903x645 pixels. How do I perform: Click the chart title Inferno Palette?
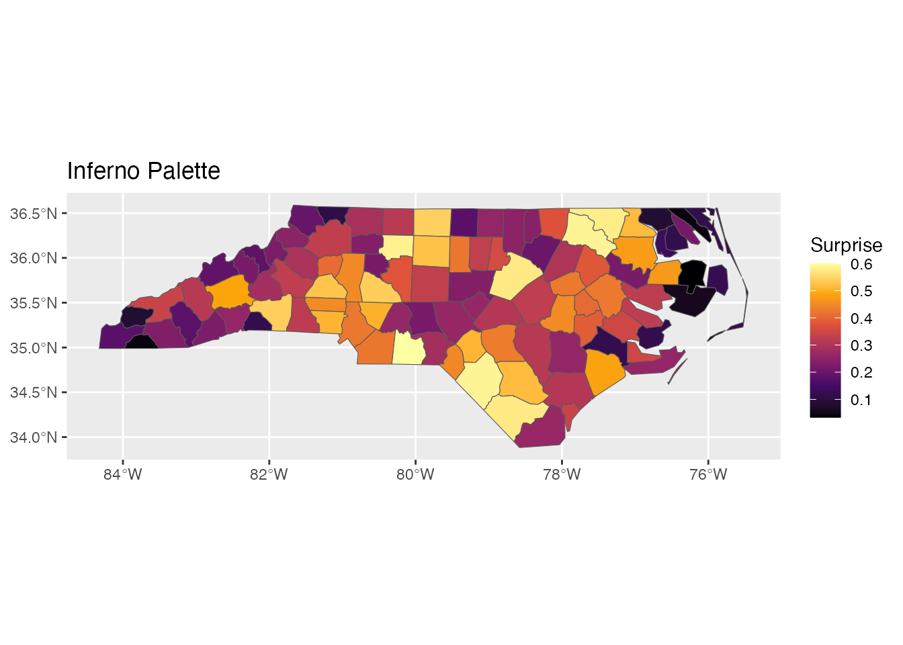click(x=143, y=171)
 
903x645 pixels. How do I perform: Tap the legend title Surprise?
click(x=846, y=245)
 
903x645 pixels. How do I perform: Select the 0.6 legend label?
click(x=861, y=264)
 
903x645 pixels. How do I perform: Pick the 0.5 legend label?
click(x=861, y=291)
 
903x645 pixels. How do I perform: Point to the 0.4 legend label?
click(x=861, y=318)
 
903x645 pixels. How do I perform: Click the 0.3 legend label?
click(x=861, y=345)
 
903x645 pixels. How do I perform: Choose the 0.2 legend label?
click(x=861, y=372)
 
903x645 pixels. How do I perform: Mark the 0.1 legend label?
click(x=861, y=400)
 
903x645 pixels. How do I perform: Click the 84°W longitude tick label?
click(x=123, y=474)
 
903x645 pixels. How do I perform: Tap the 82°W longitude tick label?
click(x=269, y=474)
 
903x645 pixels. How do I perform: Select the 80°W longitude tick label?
click(x=415, y=474)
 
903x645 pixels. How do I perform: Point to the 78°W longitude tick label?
click(x=562, y=474)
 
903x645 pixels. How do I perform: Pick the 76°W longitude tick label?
click(x=708, y=474)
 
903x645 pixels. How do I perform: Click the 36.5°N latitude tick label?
click(x=34, y=214)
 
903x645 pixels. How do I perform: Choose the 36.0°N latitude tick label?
click(x=34, y=258)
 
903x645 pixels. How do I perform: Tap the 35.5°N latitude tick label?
click(x=34, y=303)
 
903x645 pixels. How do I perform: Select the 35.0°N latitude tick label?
click(x=34, y=348)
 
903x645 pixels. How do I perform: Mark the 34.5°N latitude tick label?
click(x=34, y=392)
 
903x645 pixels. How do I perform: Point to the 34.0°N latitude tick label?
click(x=34, y=437)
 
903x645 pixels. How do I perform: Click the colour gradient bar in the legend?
click(x=825, y=340)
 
